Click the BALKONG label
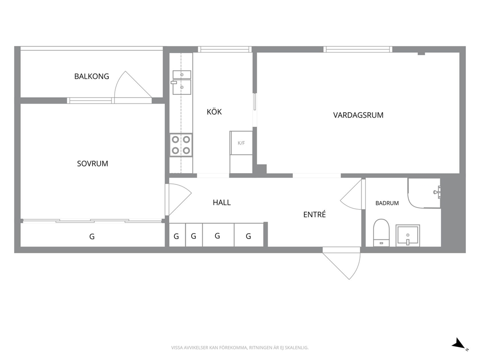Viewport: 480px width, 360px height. tap(91, 76)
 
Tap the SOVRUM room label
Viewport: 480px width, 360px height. tap(92, 164)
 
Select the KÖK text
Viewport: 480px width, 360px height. tap(214, 111)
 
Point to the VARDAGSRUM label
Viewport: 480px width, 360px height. tap(358, 115)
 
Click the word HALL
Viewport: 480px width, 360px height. tap(222, 202)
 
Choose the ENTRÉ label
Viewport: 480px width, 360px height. tap(315, 214)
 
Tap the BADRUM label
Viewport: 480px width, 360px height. tap(387, 203)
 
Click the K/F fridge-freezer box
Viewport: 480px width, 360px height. tap(241, 143)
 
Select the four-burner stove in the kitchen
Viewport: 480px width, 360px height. tap(181, 145)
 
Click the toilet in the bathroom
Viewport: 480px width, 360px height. tap(381, 233)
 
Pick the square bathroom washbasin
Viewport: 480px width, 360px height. tap(407, 236)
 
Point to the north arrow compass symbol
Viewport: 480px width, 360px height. tap(460, 344)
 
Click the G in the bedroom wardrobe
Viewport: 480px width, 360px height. tap(92, 236)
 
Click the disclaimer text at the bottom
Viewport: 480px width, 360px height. tap(240, 347)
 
